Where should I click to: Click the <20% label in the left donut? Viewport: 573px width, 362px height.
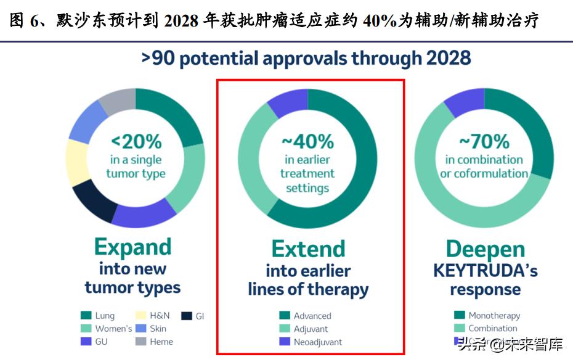[136, 141]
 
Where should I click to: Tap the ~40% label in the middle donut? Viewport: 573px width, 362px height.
[307, 141]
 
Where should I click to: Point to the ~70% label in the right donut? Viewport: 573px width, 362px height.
[484, 141]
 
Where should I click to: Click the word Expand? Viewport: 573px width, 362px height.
[132, 247]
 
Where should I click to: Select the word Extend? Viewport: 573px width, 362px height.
[308, 249]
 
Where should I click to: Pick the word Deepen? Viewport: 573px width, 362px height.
[485, 249]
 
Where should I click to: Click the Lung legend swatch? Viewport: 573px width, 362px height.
[86, 316]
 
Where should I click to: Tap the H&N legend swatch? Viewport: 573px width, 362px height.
[140, 316]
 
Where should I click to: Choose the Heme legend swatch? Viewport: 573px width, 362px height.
[140, 342]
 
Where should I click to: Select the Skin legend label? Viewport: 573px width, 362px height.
[158, 329]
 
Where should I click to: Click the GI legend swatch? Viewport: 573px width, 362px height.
[186, 316]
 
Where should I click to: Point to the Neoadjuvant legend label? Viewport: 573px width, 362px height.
[317, 342]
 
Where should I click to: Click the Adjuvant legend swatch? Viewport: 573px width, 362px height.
[284, 329]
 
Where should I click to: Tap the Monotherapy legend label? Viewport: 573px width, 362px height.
[494, 315]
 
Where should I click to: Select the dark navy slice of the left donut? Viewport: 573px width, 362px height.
[93, 200]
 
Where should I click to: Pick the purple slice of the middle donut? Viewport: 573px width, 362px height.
[287, 102]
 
